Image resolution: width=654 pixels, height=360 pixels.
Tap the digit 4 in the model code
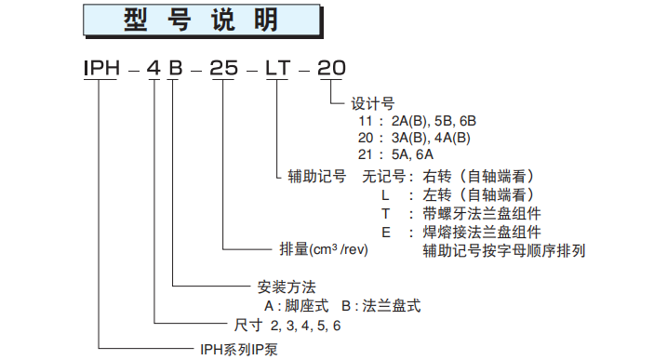[x=154, y=68]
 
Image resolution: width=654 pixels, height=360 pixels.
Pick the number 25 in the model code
[x=224, y=68]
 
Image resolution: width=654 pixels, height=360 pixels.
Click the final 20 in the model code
[x=332, y=68]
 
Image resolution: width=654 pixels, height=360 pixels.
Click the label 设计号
[x=371, y=104]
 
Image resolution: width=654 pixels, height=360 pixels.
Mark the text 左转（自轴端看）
[x=484, y=194]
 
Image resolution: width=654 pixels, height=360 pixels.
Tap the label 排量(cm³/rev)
[x=325, y=250]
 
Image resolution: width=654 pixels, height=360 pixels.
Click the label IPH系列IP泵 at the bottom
[x=239, y=350]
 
